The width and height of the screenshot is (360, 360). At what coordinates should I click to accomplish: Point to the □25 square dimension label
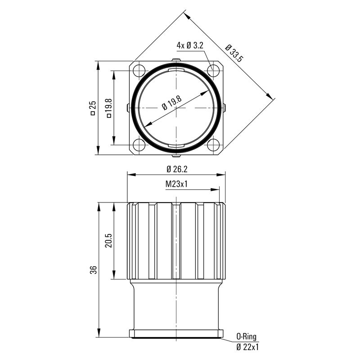click(x=93, y=108)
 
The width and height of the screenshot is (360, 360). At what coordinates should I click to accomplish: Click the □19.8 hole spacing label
click(x=108, y=108)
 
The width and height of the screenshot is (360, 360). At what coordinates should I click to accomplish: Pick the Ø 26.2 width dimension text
click(x=177, y=169)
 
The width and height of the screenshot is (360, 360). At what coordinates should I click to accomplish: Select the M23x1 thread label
click(x=176, y=184)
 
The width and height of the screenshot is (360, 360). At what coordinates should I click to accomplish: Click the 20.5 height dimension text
click(x=108, y=241)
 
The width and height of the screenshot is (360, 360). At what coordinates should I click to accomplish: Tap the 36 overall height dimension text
click(x=93, y=270)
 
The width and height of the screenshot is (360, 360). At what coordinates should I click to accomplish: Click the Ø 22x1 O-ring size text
click(x=247, y=346)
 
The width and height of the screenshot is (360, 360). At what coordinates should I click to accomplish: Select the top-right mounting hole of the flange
click(x=213, y=70)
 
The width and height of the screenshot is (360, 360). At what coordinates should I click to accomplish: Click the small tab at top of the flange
click(x=176, y=60)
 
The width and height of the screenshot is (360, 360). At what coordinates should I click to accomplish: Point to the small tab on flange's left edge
click(x=129, y=108)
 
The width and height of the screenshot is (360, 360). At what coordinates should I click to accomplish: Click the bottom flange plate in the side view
click(x=176, y=333)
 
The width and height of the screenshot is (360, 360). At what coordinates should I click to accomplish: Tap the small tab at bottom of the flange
click(x=176, y=156)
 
